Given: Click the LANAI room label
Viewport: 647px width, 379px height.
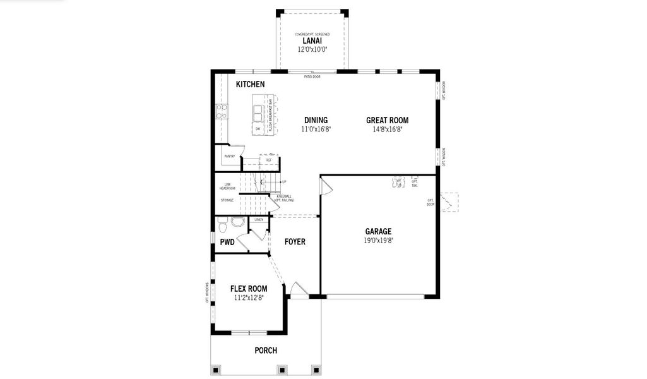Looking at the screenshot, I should (x=312, y=40).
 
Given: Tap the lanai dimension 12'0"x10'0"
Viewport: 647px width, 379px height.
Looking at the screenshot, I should (x=312, y=49).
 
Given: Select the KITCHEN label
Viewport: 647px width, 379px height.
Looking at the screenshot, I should (x=250, y=84).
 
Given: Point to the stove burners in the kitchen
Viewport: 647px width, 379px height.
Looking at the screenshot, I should (x=222, y=111).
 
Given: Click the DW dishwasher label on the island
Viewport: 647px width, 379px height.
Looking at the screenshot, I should (x=258, y=129).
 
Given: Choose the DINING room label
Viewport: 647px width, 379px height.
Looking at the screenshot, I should (x=316, y=120).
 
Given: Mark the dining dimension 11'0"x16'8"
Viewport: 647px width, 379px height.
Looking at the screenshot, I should (x=316, y=129).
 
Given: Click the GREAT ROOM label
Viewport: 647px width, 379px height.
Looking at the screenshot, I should (x=387, y=120).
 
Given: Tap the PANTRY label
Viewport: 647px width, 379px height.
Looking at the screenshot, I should (x=229, y=156).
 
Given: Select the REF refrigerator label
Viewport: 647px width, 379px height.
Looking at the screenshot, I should (x=269, y=160).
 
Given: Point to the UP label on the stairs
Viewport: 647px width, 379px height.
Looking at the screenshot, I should (x=284, y=182).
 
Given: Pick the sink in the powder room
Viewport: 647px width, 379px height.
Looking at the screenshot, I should (x=237, y=222).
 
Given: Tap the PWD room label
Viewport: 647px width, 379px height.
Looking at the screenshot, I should (x=227, y=242).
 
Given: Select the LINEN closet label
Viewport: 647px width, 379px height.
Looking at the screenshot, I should (x=259, y=220).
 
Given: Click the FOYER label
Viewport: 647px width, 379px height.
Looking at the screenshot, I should (x=295, y=241).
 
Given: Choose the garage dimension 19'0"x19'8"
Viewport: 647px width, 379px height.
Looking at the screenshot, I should (x=378, y=241).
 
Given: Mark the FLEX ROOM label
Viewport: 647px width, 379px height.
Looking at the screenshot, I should (x=248, y=289).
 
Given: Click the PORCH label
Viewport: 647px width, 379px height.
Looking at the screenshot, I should (x=266, y=351).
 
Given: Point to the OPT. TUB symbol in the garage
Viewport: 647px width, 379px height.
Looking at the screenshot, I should (x=398, y=182).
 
